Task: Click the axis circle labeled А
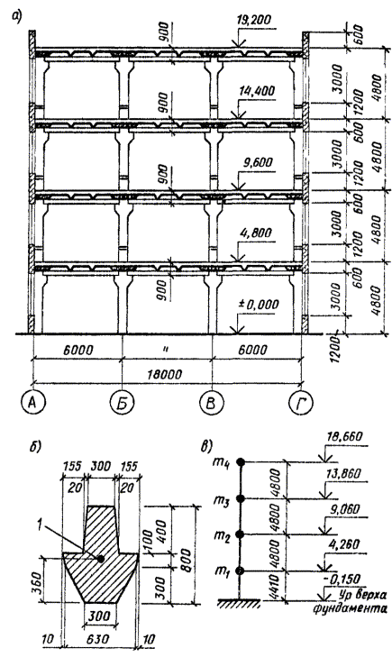pos(32,403)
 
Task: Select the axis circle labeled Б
pos(122,403)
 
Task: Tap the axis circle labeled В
pos(212,403)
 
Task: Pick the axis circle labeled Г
pos(302,403)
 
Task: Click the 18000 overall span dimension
pos(166,373)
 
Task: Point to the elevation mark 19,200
pos(253,20)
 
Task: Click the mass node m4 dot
pos(240,461)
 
